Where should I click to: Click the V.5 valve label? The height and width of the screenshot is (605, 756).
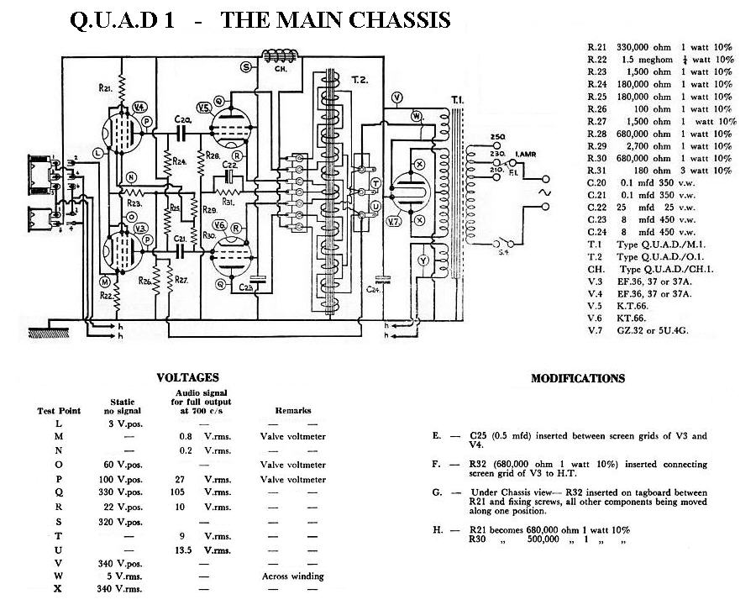pos(204,108)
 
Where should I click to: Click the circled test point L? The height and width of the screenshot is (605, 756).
pos(98,152)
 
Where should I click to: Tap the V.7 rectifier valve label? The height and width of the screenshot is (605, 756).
pos(393,221)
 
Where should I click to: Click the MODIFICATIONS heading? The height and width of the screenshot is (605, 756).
pos(578,379)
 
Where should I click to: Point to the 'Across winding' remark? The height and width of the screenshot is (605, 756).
pos(293,576)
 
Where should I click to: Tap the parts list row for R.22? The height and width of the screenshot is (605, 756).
pos(660,60)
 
